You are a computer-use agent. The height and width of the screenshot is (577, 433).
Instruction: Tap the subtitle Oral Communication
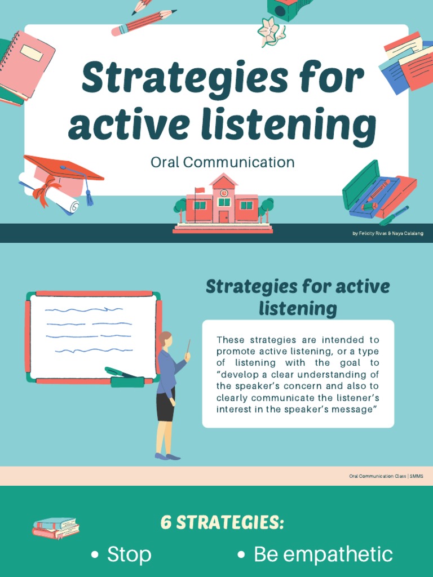point(222,162)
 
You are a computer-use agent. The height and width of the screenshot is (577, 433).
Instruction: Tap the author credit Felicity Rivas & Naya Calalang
point(387,233)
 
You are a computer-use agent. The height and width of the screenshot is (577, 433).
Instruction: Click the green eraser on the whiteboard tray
point(127,382)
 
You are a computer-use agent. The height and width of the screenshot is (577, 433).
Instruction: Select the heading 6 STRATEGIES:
point(222,522)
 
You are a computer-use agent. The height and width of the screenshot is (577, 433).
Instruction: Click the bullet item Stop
point(129,554)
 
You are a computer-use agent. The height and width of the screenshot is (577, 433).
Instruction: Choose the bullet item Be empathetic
point(322,554)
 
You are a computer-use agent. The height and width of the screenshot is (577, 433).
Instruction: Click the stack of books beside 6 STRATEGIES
point(55,528)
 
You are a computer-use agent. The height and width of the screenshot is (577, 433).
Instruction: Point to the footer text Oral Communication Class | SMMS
point(386,476)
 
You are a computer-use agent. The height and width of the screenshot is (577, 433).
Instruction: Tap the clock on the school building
point(224,193)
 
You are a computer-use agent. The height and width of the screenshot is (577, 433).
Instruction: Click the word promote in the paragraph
point(236,352)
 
